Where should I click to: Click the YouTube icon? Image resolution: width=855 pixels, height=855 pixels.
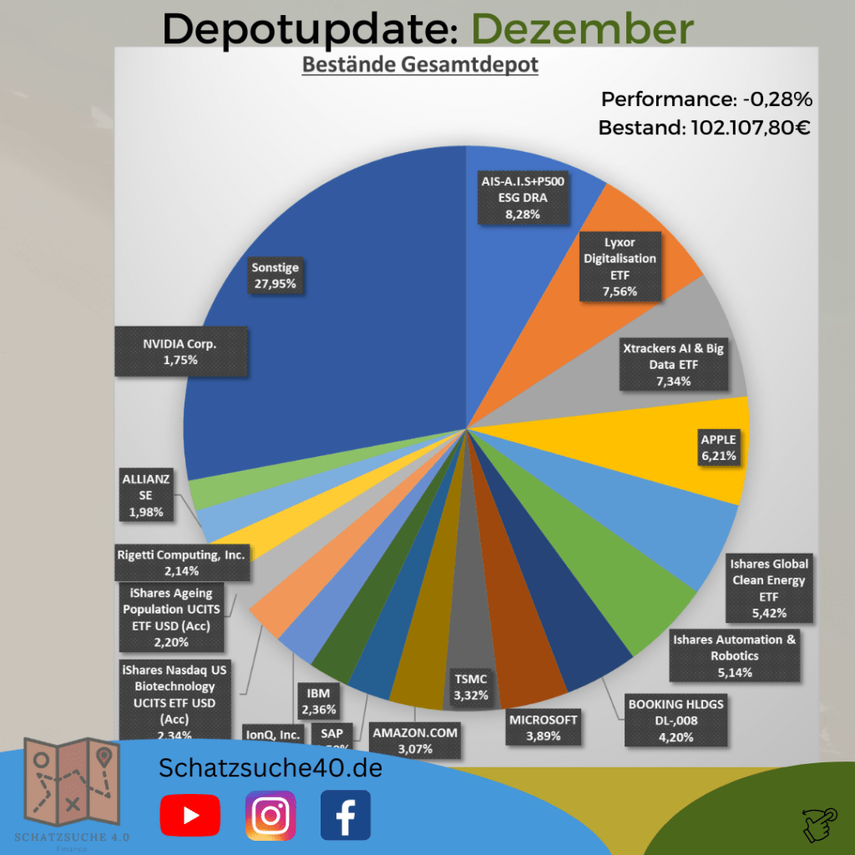click(x=190, y=815)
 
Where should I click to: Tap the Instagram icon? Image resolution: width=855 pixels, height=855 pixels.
click(x=270, y=815)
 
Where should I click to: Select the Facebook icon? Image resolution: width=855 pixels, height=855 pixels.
click(x=345, y=815)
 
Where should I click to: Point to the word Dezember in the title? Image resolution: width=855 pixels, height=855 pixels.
click(x=575, y=29)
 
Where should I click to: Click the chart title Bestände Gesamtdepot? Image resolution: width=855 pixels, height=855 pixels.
click(x=419, y=64)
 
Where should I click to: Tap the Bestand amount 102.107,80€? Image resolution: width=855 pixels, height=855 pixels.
click(x=741, y=128)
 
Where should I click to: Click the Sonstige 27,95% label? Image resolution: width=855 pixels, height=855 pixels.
click(x=275, y=276)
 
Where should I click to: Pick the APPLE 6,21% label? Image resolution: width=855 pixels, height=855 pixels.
click(x=719, y=448)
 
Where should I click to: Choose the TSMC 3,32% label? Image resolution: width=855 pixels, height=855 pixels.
click(x=471, y=686)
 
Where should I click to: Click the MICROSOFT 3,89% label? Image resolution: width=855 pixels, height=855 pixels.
click(x=544, y=726)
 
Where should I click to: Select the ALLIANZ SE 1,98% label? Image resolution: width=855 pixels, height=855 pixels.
click(x=146, y=495)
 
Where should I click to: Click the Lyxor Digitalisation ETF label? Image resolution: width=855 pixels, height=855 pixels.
click(x=620, y=266)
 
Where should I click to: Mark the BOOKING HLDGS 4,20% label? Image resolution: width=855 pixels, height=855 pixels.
click(x=675, y=720)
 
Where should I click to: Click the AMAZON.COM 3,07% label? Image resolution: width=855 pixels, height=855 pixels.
click(x=415, y=740)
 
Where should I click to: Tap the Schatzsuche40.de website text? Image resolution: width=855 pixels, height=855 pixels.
click(x=271, y=768)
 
